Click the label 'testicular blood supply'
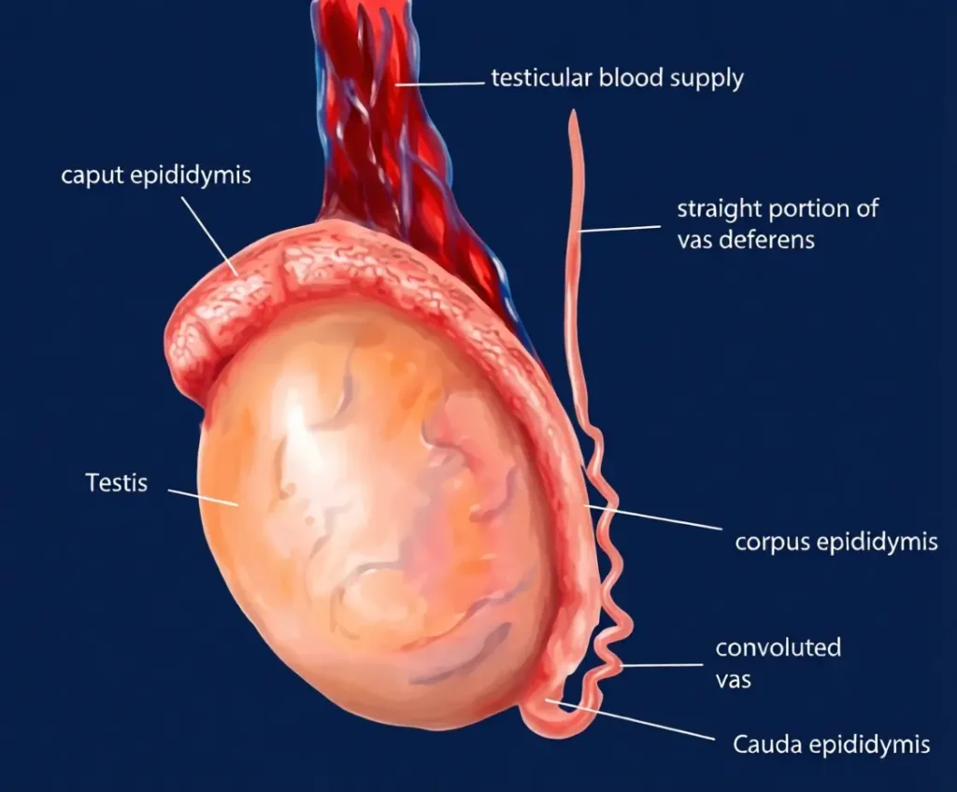click(617, 78)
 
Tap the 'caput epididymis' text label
click(156, 176)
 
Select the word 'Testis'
click(117, 483)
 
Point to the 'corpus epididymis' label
click(836, 542)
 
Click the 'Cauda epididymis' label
click(831, 744)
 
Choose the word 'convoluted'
click(778, 647)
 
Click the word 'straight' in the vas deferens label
click(720, 209)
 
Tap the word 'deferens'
click(766, 240)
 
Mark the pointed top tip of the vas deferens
click(573, 111)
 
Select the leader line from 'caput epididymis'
click(209, 235)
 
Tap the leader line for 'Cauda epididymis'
click(630, 720)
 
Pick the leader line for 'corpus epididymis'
click(652, 517)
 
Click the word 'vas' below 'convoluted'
click(733, 680)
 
